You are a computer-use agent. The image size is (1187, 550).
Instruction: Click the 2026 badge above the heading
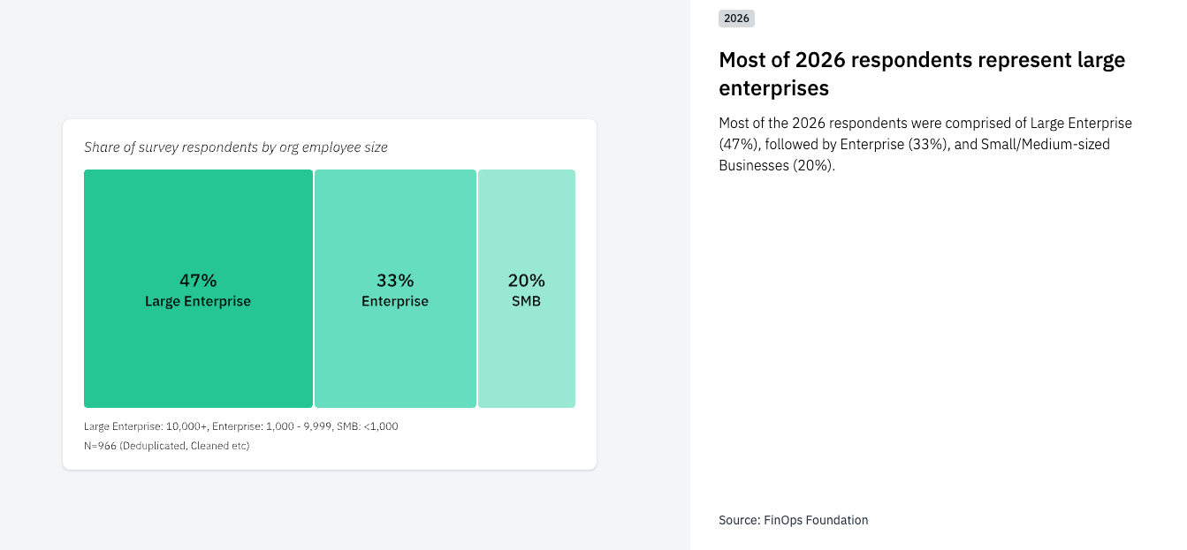pos(736,18)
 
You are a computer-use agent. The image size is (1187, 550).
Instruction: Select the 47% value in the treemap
pos(198,281)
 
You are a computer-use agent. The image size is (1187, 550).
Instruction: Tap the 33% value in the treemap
pos(395,281)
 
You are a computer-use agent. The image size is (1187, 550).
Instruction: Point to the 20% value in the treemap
pos(527,281)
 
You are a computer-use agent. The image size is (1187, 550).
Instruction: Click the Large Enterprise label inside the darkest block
pos(198,302)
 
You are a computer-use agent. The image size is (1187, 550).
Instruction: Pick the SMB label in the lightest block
pos(527,302)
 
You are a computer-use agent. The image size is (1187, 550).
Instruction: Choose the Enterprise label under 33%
pos(395,302)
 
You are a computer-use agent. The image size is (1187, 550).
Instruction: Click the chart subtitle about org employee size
pos(236,147)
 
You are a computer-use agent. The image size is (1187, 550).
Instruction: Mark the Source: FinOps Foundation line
pos(794,520)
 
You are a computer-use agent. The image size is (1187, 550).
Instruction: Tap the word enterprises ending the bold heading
pos(773,88)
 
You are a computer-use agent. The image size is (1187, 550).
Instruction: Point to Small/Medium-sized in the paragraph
pos(1046,144)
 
